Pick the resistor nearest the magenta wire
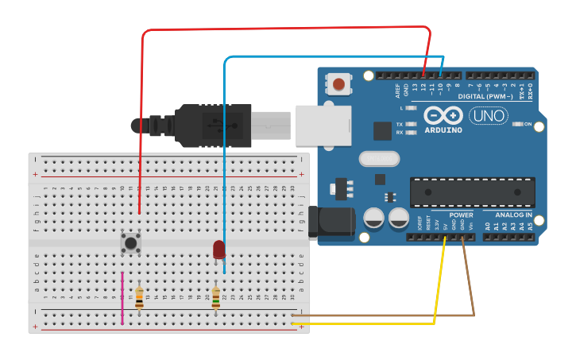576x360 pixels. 140,298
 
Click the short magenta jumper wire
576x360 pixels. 122,298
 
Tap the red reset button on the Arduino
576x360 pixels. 339,83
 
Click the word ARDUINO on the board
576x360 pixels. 443,130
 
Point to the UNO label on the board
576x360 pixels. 489,116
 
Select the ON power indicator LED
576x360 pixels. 517,124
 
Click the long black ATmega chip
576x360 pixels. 472,192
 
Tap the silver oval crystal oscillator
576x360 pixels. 378,159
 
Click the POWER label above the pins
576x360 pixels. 461,215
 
